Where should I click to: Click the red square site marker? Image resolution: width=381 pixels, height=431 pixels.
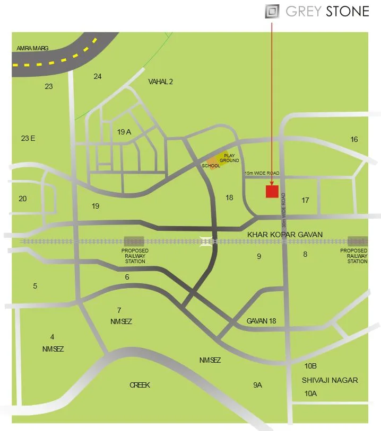point(272,191)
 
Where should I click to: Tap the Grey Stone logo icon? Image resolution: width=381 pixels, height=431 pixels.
point(272,11)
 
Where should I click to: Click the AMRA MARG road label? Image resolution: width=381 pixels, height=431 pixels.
point(32,48)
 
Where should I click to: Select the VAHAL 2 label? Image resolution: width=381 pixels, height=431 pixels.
point(160,82)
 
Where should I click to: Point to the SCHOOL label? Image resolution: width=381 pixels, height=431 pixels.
point(211,166)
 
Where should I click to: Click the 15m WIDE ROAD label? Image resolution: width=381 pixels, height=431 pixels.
point(261,173)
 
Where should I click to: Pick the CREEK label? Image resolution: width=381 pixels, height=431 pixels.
point(140,385)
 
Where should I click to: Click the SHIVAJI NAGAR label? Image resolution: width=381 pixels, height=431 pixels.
point(330,380)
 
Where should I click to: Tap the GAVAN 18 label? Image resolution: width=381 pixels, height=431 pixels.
point(262,321)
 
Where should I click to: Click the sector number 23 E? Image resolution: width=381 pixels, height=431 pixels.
point(28,138)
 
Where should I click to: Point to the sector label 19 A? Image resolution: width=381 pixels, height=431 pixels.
point(124,132)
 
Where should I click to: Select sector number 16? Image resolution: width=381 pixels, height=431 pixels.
point(354,139)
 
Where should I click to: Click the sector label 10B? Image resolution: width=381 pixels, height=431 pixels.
point(310,366)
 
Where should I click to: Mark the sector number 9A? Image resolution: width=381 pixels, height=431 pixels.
point(257,385)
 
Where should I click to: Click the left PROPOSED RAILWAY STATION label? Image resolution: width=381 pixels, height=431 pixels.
point(135,256)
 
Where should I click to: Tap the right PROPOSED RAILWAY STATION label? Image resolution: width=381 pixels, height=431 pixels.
point(354,256)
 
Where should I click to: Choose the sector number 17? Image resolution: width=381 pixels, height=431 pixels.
point(305,200)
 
